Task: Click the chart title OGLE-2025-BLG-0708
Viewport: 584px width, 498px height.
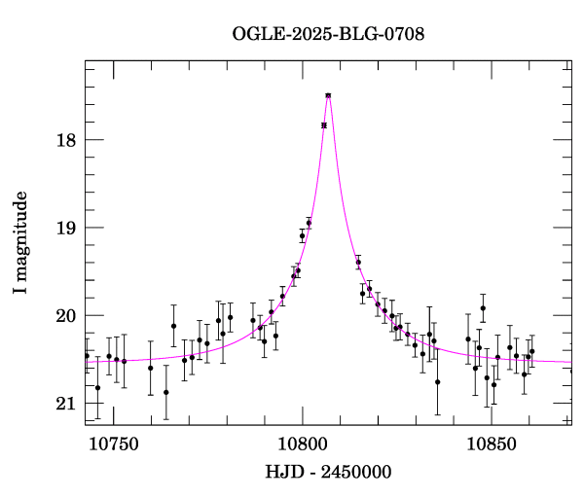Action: point(328,34)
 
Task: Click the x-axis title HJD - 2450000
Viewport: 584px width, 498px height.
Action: point(328,473)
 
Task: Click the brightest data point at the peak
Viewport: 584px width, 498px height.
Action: point(328,95)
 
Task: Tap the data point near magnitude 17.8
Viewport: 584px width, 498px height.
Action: point(323,125)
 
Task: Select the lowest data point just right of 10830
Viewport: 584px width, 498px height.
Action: point(438,382)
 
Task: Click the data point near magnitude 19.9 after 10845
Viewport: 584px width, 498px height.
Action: point(483,308)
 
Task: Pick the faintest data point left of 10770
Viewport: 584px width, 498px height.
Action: point(166,392)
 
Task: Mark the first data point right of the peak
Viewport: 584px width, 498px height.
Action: point(358,263)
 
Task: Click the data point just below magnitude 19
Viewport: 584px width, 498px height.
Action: point(309,223)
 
